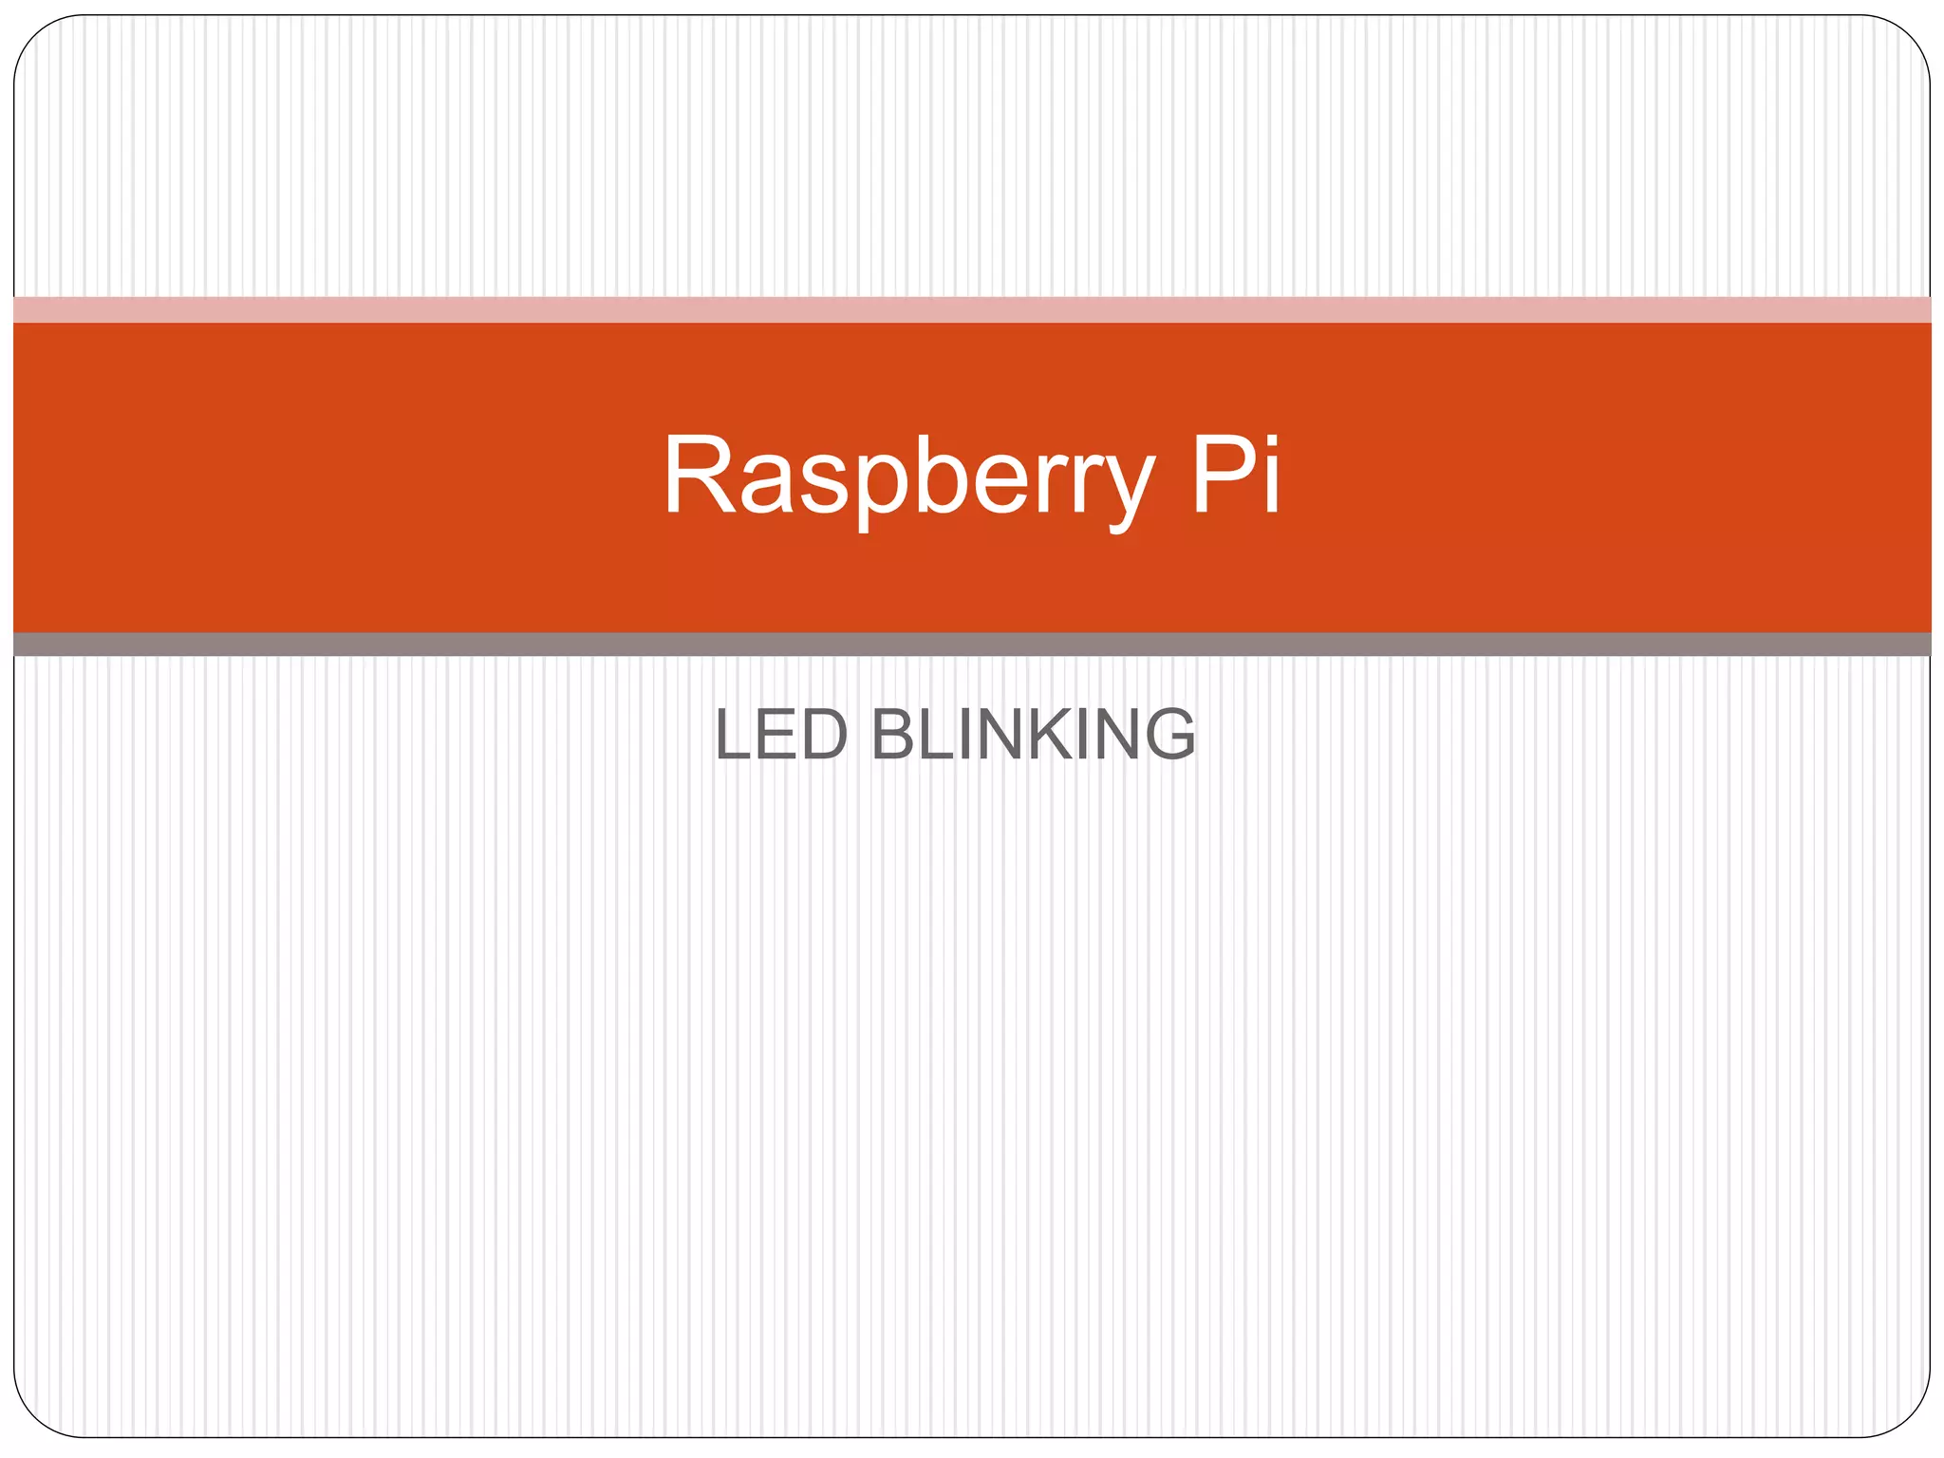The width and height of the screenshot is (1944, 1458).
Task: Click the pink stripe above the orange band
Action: [x=972, y=309]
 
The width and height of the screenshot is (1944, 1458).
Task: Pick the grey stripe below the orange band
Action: [x=972, y=645]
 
